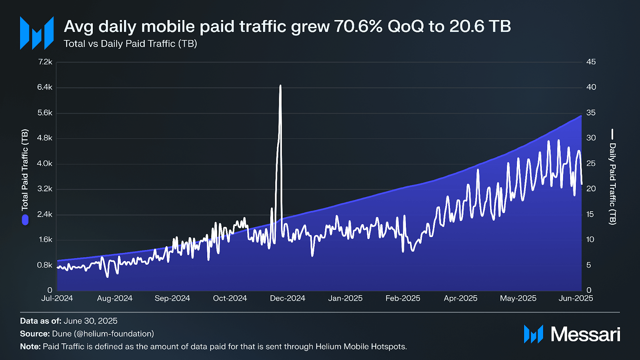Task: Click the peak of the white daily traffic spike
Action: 280,86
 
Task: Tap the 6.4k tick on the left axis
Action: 45,87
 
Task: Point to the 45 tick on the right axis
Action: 591,62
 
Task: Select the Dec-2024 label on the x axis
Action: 287,298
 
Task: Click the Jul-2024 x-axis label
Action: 57,298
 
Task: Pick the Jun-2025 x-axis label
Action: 576,298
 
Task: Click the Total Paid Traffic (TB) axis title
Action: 25,170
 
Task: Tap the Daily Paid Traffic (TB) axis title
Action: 612,184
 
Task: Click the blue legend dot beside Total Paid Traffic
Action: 25,220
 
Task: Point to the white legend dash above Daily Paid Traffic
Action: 612,134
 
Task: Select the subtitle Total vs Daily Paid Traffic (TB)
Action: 130,44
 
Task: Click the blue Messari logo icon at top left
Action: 37,33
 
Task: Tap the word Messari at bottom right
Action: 585,334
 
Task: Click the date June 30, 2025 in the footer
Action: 90,321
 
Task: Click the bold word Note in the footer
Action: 30,347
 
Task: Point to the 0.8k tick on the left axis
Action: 45,265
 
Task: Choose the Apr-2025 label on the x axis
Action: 460,298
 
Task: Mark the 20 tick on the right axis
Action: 591,189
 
